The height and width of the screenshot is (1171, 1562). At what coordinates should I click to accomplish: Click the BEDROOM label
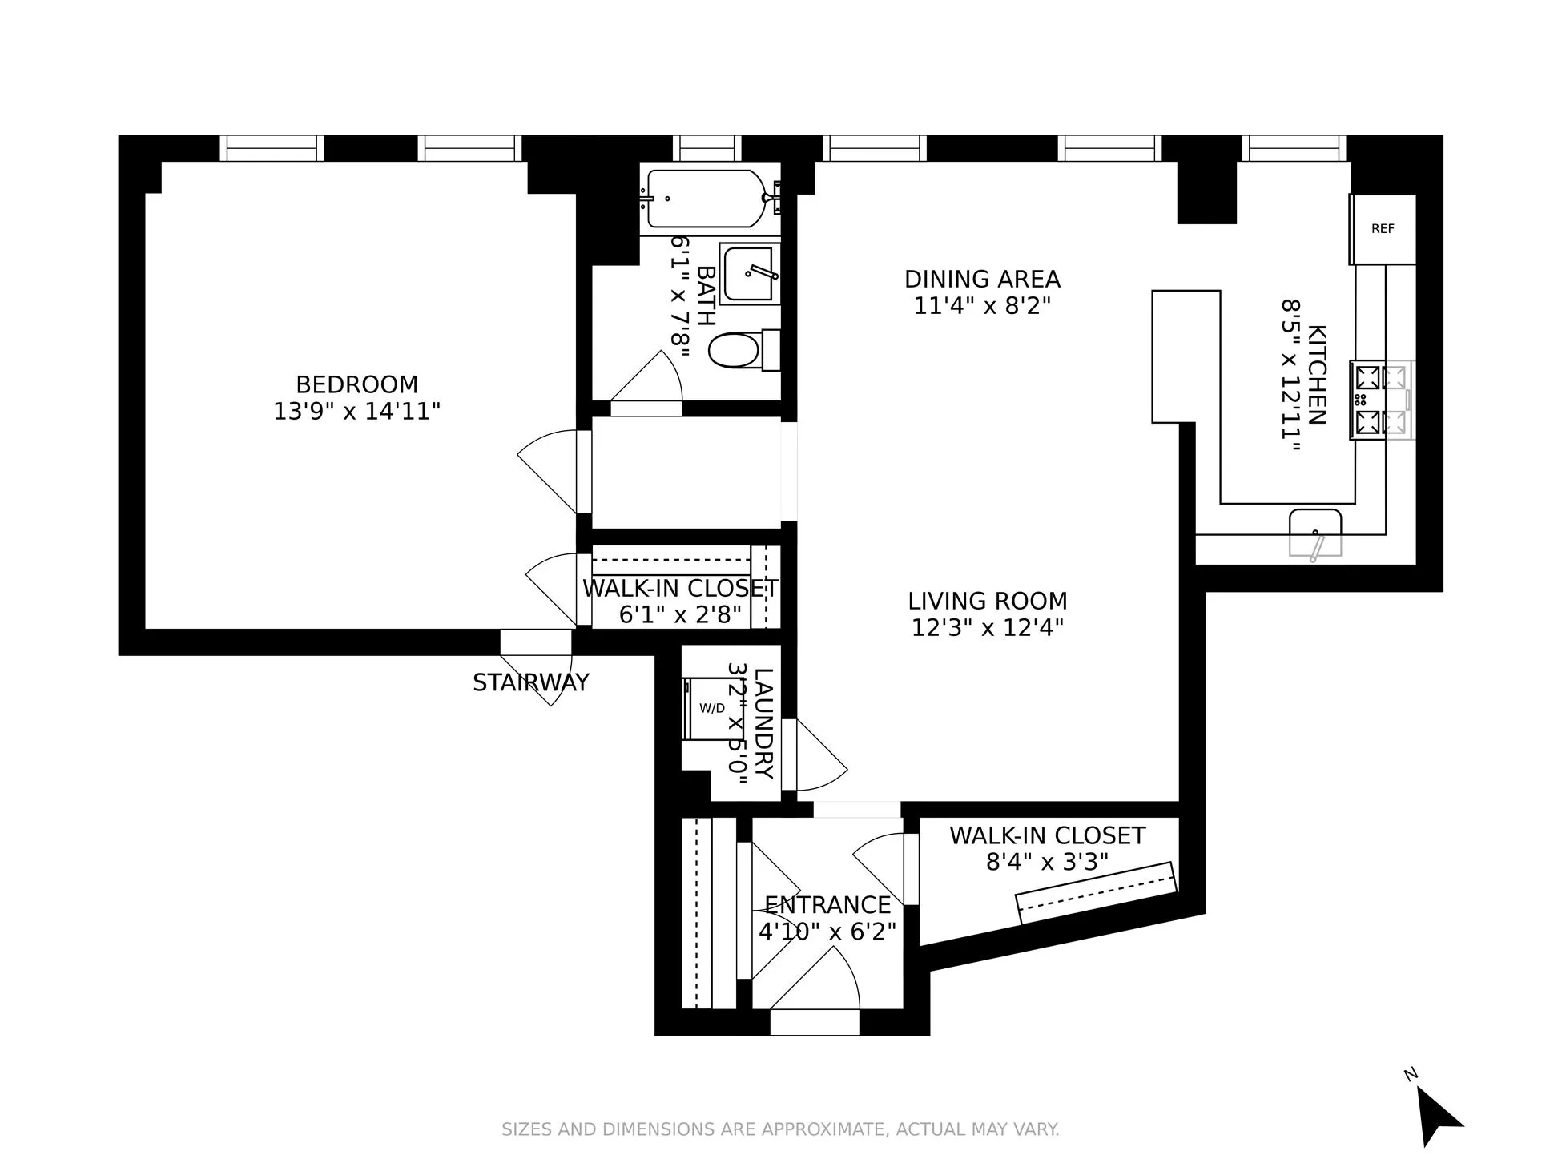point(356,384)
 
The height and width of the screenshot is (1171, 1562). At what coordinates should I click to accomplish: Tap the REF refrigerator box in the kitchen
point(1383,229)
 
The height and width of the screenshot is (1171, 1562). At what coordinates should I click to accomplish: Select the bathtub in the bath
point(705,199)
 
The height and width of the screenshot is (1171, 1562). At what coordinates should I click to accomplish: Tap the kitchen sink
point(1314,533)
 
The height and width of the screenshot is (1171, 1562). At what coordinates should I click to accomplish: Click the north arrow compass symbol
point(1438,1115)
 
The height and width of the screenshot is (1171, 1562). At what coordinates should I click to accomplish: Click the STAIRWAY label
point(530,682)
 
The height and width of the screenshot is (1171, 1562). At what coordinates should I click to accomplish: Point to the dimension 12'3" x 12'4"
point(987,627)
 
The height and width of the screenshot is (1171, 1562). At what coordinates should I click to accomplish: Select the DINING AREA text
point(982,280)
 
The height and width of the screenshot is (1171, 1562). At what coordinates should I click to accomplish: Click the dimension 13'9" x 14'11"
point(356,412)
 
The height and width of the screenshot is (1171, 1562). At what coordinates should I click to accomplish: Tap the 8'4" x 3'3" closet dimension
point(1047,862)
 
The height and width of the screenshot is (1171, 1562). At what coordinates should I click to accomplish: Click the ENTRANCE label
point(827,905)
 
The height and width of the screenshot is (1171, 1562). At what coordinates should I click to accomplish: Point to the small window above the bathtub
point(707,148)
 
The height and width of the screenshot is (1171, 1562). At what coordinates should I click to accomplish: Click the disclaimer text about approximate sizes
point(780,1129)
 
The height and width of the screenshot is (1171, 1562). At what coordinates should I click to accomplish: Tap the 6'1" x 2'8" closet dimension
point(680,615)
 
